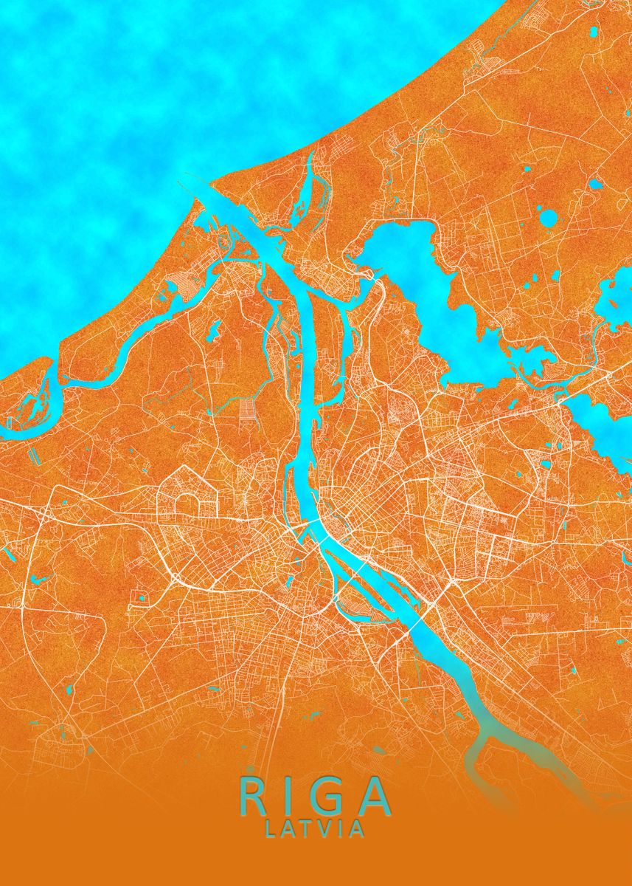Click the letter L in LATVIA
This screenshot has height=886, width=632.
point(271,830)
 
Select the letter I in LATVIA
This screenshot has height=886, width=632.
point(340,830)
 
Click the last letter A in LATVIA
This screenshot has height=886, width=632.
point(356,830)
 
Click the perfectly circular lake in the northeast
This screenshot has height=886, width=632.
point(549,218)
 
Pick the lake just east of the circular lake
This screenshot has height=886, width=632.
point(594,184)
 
